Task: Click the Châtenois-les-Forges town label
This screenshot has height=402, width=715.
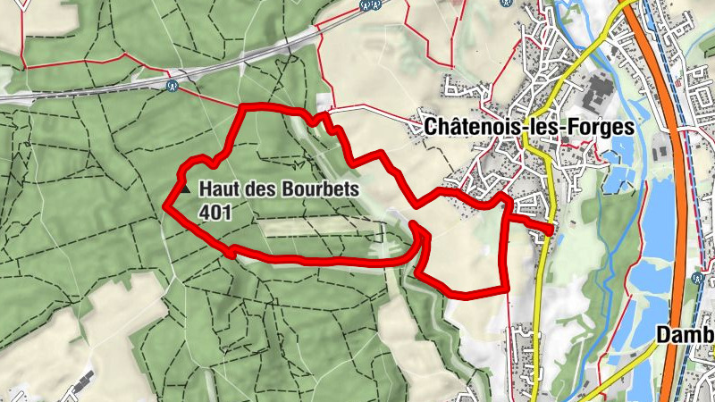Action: pyautogui.click(x=529, y=127)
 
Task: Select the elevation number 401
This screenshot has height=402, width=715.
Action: pyautogui.click(x=217, y=212)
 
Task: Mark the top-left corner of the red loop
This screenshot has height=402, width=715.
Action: pyautogui.click(x=243, y=108)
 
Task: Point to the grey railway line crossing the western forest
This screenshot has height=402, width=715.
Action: pyautogui.click(x=89, y=92)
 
